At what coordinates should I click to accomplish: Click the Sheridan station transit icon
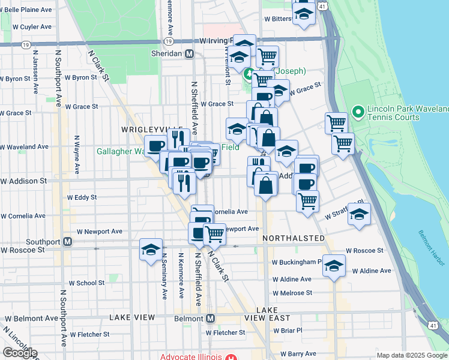[190, 53]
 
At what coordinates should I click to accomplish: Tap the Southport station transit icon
[68, 242]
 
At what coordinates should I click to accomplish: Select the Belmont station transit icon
[210, 317]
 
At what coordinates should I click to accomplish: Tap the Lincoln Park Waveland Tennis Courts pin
[358, 112]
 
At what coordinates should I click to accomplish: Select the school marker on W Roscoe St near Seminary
[151, 250]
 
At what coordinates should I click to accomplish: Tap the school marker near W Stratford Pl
[359, 215]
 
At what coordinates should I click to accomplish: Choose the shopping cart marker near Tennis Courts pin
[337, 124]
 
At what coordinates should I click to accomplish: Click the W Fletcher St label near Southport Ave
[91, 334]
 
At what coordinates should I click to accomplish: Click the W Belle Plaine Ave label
[29, 10]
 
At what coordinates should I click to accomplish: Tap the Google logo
[20, 353]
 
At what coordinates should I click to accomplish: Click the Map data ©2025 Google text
[412, 355]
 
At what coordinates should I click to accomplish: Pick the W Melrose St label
[292, 293]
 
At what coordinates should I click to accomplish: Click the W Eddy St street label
[82, 197]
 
